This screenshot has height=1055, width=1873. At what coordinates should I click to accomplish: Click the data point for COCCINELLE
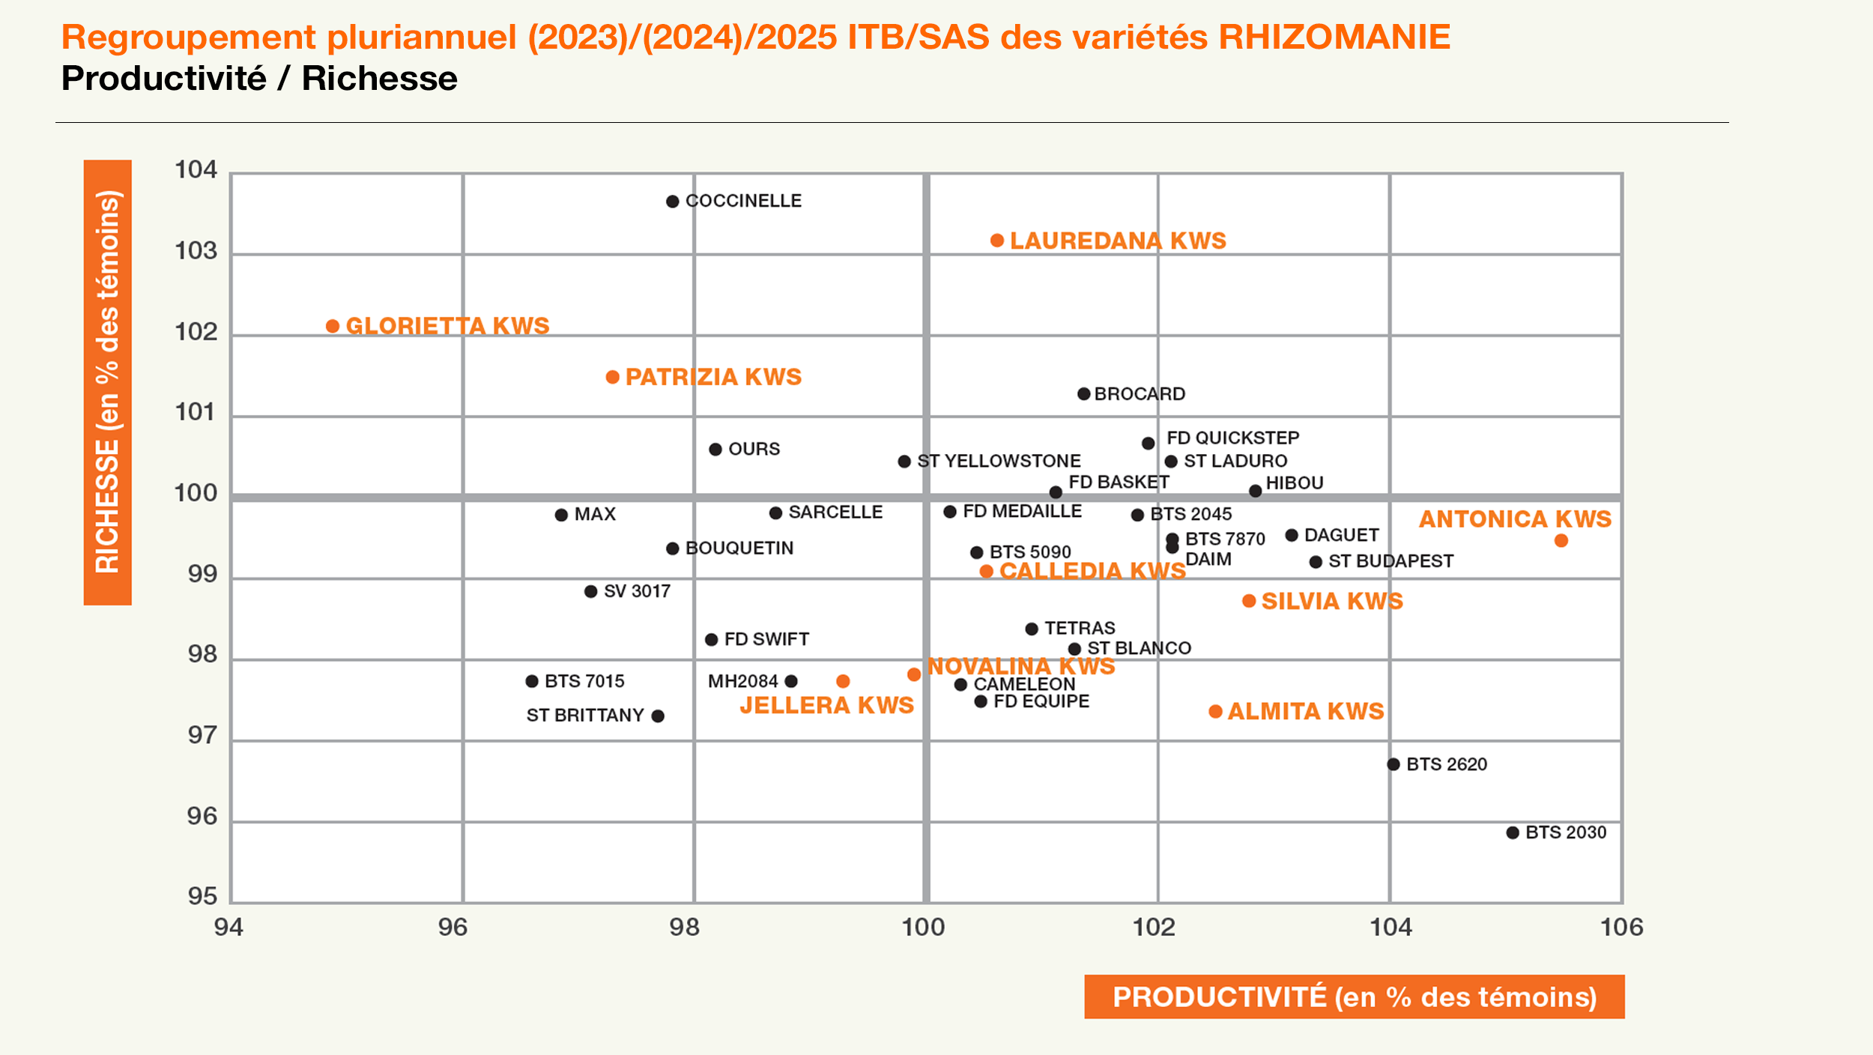coord(672,202)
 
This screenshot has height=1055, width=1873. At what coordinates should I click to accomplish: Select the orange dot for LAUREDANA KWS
coord(996,241)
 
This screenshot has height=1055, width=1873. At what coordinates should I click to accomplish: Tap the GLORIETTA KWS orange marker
coord(333,326)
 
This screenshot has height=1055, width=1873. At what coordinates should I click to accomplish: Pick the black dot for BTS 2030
coord(1513,832)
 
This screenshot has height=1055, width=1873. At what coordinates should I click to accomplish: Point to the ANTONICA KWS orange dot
coord(1561,540)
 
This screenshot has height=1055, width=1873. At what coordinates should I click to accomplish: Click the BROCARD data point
coord(1083,394)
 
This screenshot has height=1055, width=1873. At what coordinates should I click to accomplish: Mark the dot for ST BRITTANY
coord(658,716)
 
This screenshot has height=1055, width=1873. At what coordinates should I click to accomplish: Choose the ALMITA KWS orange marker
coord(1215,711)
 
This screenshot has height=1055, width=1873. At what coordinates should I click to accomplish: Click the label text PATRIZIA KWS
coord(713,377)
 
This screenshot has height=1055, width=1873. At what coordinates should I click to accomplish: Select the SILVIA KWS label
coord(1331,601)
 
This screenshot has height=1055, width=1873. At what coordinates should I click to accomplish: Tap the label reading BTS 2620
coord(1446,764)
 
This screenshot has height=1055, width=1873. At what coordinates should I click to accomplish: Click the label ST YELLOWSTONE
coord(999,461)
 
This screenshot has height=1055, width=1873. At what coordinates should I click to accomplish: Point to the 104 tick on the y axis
coord(196,170)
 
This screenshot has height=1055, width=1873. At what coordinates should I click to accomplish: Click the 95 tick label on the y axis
coord(202,896)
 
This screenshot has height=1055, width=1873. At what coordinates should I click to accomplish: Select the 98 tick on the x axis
coord(684,928)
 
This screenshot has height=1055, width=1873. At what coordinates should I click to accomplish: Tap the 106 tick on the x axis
coord(1621,928)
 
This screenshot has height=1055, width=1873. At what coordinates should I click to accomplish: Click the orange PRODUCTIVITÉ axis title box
coord(1354,997)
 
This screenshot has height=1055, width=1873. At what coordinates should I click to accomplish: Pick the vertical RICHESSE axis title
coord(108,382)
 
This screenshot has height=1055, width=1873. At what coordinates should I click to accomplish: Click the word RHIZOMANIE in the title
coord(1334,37)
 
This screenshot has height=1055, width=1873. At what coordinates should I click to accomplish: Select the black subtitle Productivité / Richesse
coord(259,79)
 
